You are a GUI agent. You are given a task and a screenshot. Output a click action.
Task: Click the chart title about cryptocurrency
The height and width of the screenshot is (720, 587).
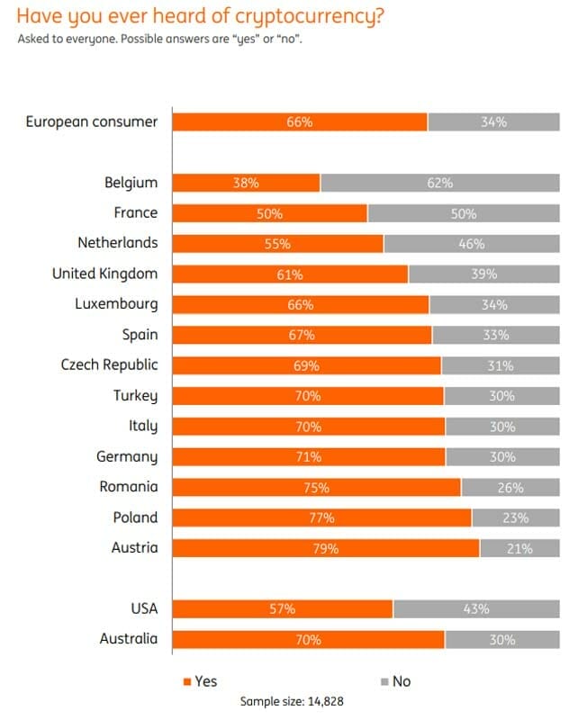click(199, 15)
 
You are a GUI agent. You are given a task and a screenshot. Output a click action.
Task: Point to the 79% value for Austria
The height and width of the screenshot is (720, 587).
click(325, 548)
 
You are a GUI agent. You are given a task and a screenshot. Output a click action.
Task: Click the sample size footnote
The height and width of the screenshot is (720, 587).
click(293, 701)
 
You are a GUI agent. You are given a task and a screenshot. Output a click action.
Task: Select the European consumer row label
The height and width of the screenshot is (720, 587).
click(92, 121)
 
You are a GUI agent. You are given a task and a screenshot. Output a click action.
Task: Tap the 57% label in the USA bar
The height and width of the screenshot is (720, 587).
click(282, 609)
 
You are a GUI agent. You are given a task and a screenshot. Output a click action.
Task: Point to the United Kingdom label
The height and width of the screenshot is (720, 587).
click(104, 274)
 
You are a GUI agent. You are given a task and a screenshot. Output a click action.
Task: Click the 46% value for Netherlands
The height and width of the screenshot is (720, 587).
click(471, 243)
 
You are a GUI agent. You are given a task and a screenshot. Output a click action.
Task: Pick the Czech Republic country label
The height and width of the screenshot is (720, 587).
click(109, 365)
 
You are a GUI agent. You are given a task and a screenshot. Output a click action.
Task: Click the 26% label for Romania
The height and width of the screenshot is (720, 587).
click(510, 487)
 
